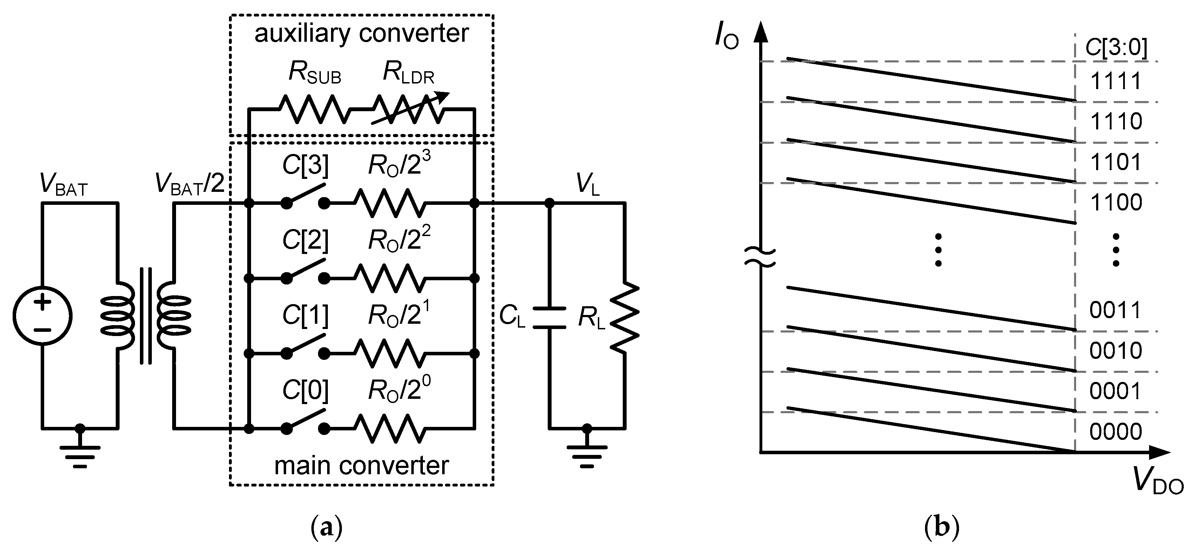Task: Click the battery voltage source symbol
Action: (x=42, y=316)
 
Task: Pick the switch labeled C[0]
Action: (x=305, y=422)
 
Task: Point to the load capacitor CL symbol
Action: (x=549, y=318)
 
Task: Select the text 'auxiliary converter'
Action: (x=362, y=33)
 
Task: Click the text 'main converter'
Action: (x=362, y=465)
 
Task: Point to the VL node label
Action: (x=588, y=184)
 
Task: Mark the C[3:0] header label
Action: (x=1116, y=47)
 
